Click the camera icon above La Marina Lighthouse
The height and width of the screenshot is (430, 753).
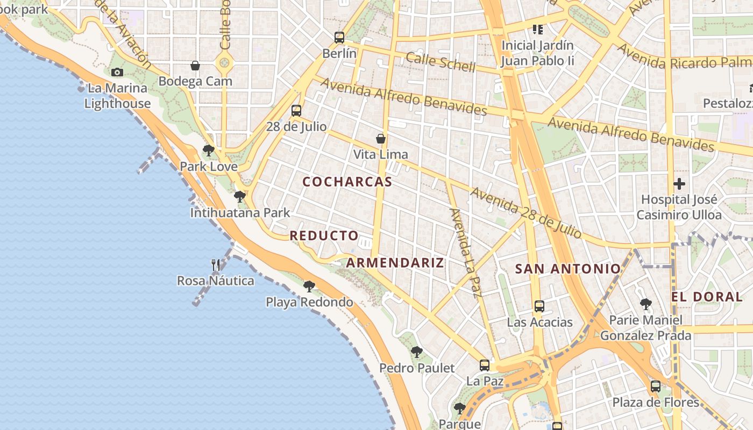[117, 72]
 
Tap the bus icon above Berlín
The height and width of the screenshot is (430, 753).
[339, 37]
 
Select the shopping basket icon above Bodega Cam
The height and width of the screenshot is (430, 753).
[195, 66]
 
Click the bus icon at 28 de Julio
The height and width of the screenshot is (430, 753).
[296, 111]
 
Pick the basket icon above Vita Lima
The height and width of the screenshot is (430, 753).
[381, 139]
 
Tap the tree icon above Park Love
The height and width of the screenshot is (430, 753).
[209, 150]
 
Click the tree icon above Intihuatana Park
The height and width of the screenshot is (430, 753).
[240, 197]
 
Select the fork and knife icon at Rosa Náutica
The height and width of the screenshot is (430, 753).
[216, 264]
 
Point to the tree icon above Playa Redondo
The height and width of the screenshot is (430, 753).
[309, 286]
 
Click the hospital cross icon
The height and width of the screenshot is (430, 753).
[679, 184]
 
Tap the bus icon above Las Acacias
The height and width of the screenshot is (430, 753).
[539, 306]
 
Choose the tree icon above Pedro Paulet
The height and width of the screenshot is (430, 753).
[417, 352]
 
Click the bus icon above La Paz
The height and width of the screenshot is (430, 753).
[485, 365]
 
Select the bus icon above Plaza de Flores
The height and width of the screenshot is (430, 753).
[656, 386]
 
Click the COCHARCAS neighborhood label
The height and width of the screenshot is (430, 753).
[347, 182]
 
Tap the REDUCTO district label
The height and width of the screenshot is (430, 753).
[324, 235]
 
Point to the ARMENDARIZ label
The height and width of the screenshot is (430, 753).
[395, 262]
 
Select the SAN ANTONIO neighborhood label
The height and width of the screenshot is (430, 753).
[568, 269]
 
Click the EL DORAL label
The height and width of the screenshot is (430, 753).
[707, 297]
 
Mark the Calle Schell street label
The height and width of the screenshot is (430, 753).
[441, 62]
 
